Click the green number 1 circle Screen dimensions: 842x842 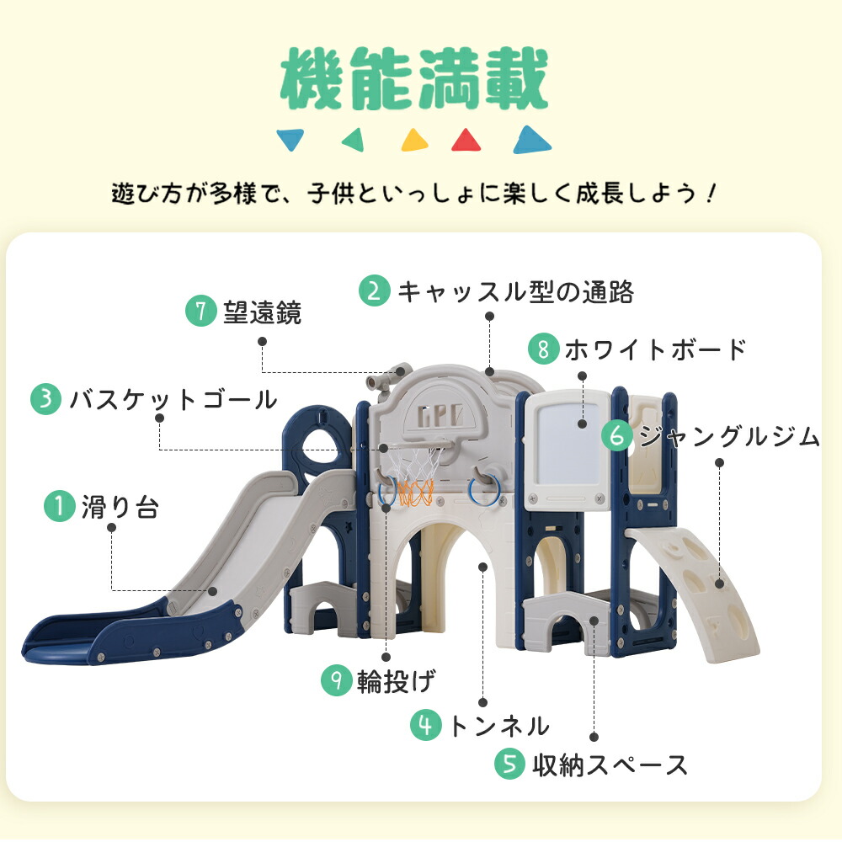click(x=60, y=506)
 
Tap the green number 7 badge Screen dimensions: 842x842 click(x=201, y=311)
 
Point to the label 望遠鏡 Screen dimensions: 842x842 click(x=263, y=312)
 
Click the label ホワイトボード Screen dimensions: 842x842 click(x=655, y=349)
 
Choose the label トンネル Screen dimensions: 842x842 click(x=498, y=726)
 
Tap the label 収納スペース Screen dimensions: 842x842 click(x=610, y=765)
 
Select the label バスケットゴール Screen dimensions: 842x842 click(x=173, y=399)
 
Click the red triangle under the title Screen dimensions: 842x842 click(x=466, y=140)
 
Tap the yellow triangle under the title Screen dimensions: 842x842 click(x=414, y=140)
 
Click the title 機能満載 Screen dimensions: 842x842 click(x=414, y=78)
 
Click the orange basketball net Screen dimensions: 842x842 click(x=415, y=493)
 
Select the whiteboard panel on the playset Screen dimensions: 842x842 click(x=567, y=450)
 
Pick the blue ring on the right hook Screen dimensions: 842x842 click(x=484, y=490)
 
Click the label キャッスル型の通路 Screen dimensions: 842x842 click(x=515, y=291)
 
